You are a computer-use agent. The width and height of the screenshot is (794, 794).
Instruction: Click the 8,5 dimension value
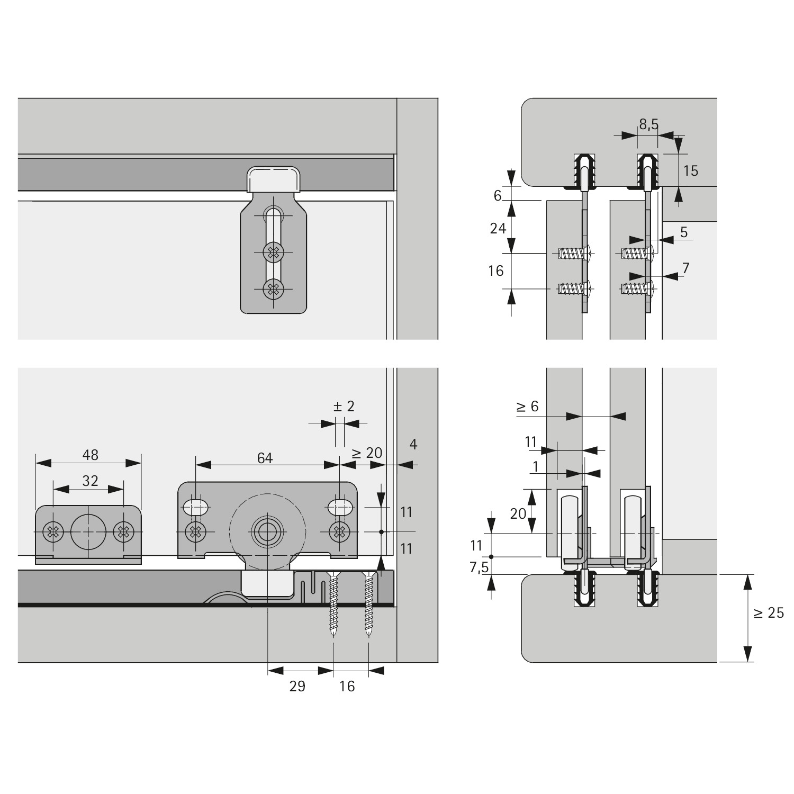pos(648,124)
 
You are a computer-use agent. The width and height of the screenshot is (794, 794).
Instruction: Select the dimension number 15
pos(690,170)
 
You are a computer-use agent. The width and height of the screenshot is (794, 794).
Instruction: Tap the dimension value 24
pos(498,228)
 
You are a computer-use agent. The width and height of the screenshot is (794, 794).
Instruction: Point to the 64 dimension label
pos(265,458)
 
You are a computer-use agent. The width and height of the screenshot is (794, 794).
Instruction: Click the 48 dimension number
pos(91,455)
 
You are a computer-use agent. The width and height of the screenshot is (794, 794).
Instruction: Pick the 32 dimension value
pos(91,480)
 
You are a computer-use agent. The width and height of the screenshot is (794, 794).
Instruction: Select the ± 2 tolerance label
pos(344,407)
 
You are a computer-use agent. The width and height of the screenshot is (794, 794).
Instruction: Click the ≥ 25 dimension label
pos(769,613)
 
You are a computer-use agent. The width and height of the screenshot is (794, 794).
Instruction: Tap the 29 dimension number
pos(297,686)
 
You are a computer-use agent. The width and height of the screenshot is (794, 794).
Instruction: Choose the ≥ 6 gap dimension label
pos(527,406)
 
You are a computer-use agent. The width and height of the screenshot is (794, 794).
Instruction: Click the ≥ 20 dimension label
pos(367,453)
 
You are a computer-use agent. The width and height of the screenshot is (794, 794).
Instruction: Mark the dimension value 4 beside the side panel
pos(413,444)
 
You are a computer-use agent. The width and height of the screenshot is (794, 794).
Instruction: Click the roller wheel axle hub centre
pos(267,531)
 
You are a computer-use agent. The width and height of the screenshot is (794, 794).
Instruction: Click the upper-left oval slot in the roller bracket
pos(195,508)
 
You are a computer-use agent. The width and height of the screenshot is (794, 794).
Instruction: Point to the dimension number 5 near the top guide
pos(684,232)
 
